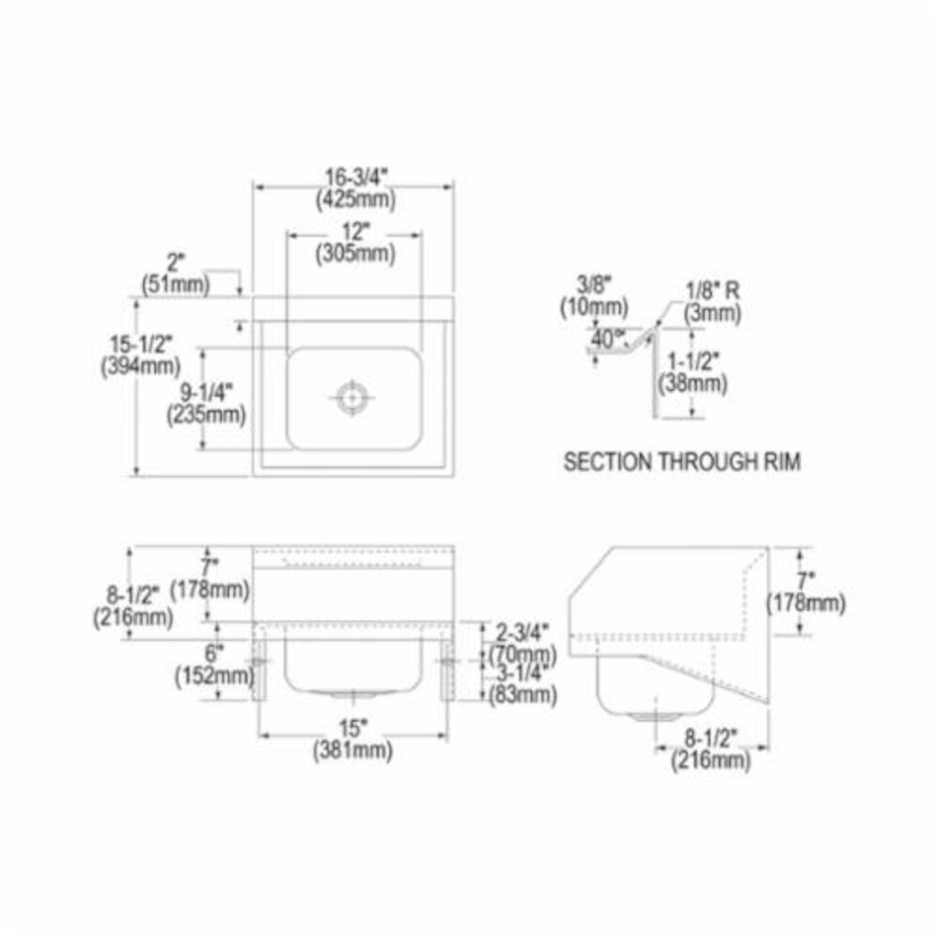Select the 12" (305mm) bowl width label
(355, 241)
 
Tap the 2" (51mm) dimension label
(175, 274)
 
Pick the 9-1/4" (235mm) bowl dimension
(206, 401)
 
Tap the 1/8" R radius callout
(712, 302)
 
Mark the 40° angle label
(604, 336)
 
